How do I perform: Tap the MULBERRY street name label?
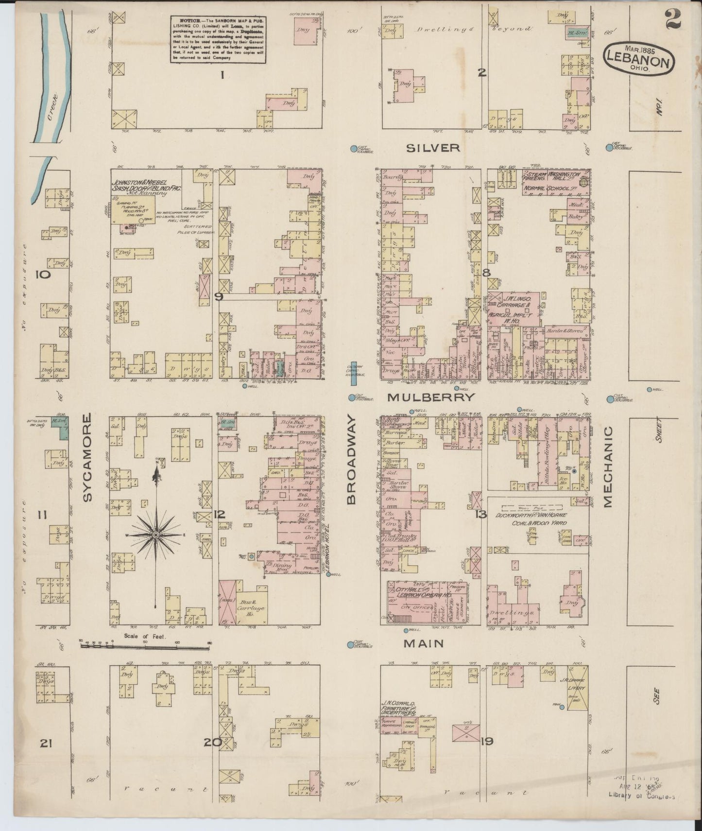(430, 397)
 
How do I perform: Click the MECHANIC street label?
(608, 467)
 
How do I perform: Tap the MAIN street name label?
(425, 643)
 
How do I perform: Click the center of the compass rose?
(156, 535)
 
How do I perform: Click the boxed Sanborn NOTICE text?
(218, 39)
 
